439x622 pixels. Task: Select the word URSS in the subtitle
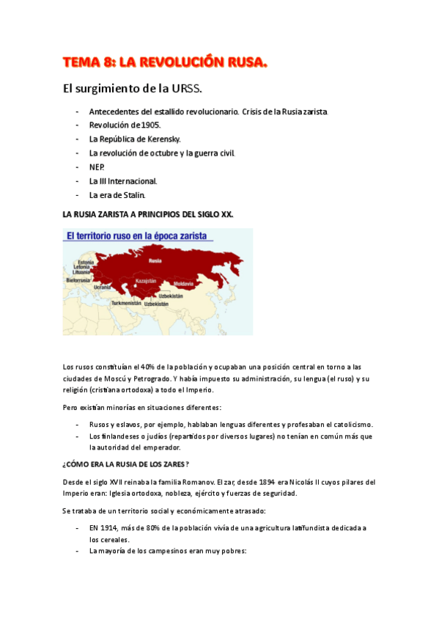pos(188,89)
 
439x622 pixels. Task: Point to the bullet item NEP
pos(96,167)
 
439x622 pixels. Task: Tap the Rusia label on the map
pos(155,260)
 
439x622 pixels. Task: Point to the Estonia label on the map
pos(86,262)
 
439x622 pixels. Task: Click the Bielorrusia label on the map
pos(78,279)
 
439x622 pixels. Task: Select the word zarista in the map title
pos(191,236)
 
